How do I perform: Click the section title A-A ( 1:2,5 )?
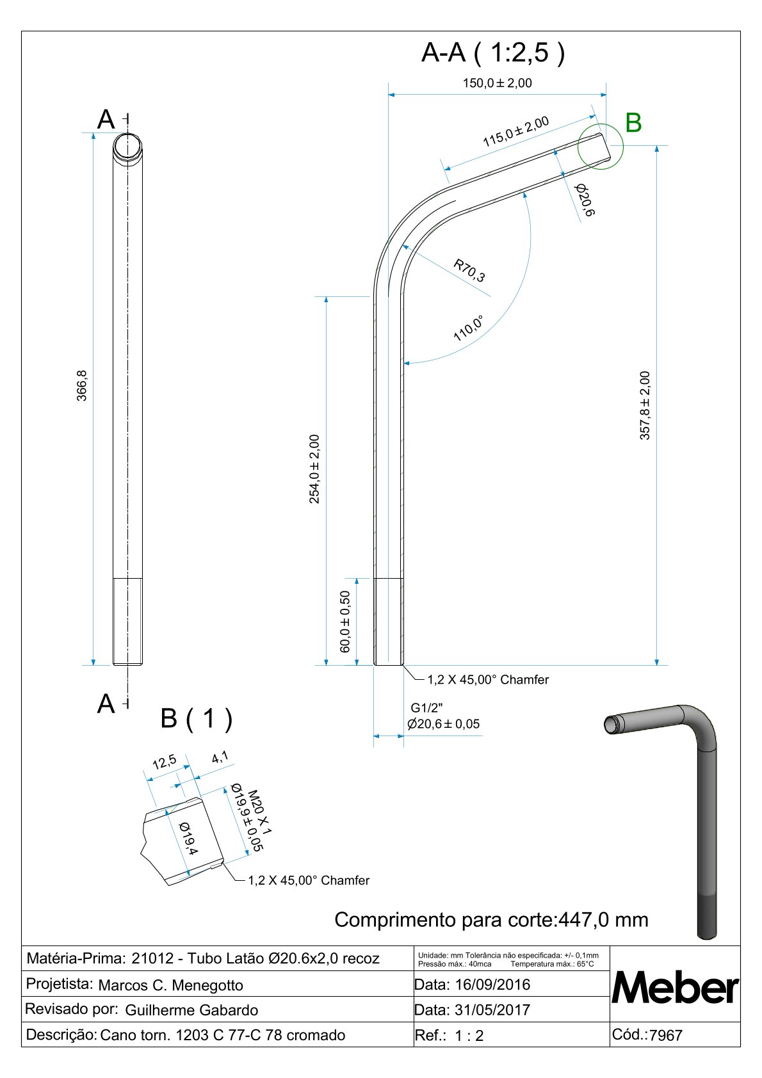[x=493, y=52]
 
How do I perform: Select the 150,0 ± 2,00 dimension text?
[x=498, y=83]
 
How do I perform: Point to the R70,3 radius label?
[x=469, y=271]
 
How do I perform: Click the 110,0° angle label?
[x=468, y=328]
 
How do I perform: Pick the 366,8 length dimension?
[x=82, y=385]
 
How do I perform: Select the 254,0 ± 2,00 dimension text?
[x=314, y=469]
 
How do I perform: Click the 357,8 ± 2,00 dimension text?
[x=645, y=405]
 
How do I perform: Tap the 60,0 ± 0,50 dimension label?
[x=345, y=622]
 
